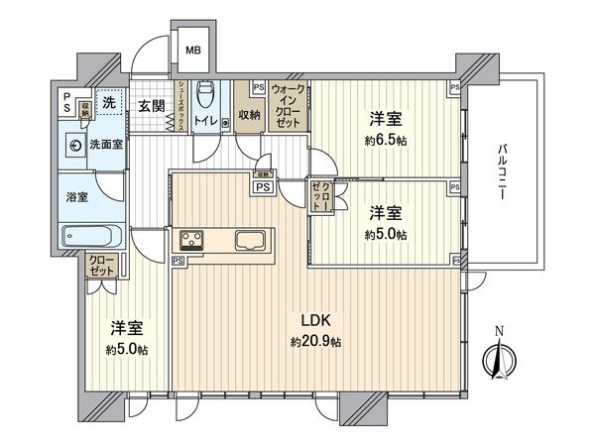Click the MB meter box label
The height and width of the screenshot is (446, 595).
click(x=193, y=51)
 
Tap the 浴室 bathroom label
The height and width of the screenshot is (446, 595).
click(x=76, y=197)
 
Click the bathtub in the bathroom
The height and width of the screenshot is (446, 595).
click(x=90, y=238)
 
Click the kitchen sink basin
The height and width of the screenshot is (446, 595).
click(x=248, y=241)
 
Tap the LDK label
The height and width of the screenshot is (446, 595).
click(x=317, y=321)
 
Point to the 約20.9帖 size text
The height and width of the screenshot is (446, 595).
click(x=316, y=342)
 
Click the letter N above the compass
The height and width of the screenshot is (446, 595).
click(x=499, y=331)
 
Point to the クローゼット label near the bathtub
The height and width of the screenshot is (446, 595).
click(x=101, y=265)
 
